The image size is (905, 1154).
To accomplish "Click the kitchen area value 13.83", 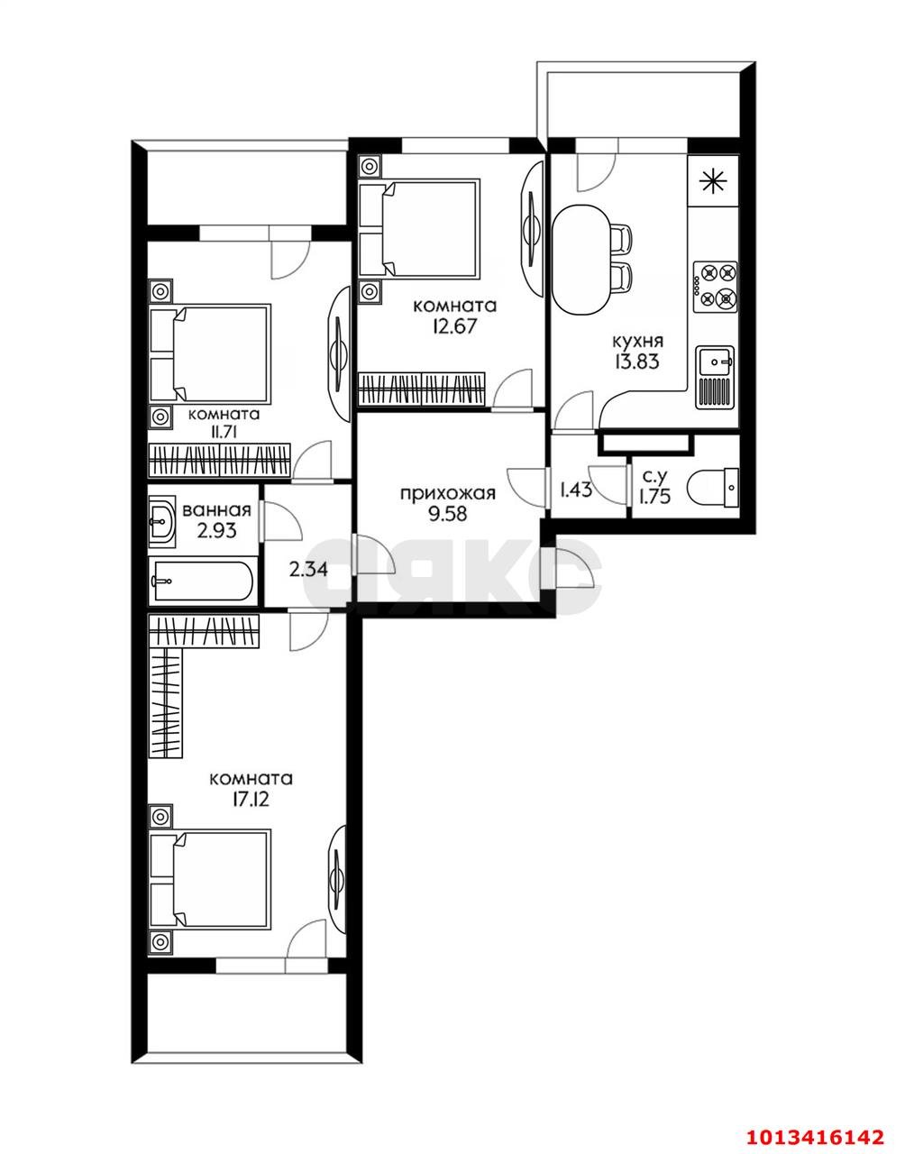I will pos(637,363).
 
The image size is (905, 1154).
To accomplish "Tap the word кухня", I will pos(637,343).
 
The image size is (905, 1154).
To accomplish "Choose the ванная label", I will pos(217,510).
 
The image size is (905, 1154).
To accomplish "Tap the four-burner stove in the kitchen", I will pos(715,286).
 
